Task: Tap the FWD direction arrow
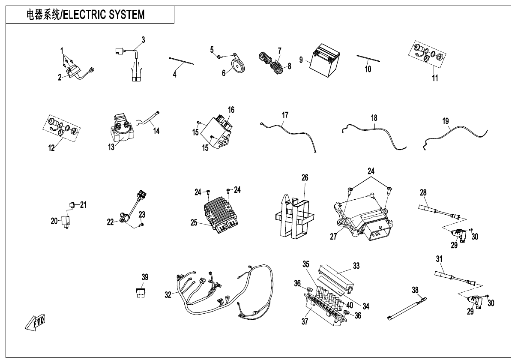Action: (x=36, y=322)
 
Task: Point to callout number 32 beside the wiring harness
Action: (x=168, y=294)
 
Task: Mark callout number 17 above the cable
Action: (x=285, y=115)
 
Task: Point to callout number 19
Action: (x=446, y=121)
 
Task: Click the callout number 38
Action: (x=415, y=290)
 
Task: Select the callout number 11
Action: (x=435, y=78)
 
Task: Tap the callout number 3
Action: (x=143, y=40)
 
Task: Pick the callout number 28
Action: (x=423, y=193)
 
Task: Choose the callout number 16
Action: (x=231, y=110)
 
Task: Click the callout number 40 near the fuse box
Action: (x=350, y=305)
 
